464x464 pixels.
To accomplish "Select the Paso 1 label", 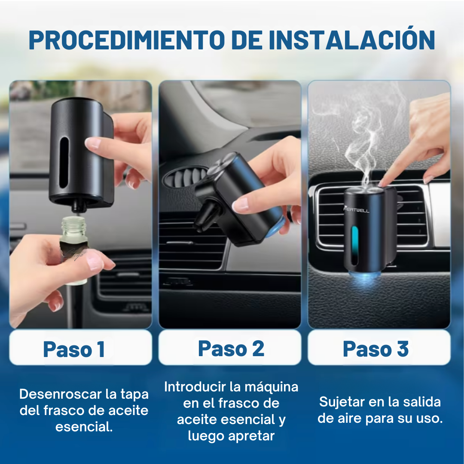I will (74, 349).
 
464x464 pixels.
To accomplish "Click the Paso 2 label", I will (231, 348).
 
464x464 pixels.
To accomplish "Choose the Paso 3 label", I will (375, 349).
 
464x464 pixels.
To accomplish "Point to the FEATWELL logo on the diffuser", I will (356, 210).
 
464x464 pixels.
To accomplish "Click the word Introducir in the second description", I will (195, 387).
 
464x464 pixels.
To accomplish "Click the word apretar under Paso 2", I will (251, 436).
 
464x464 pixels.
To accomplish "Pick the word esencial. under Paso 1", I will (84, 427).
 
